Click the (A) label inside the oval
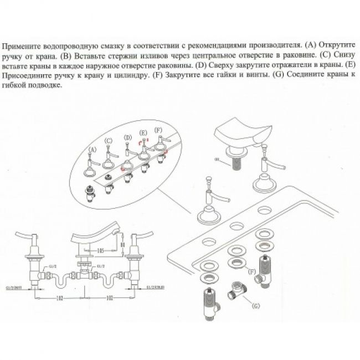(92, 149)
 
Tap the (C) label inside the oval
(109, 141)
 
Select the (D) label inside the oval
(127, 137)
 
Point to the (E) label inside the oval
(143, 133)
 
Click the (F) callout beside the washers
(252, 271)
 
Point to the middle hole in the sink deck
(236, 225)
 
